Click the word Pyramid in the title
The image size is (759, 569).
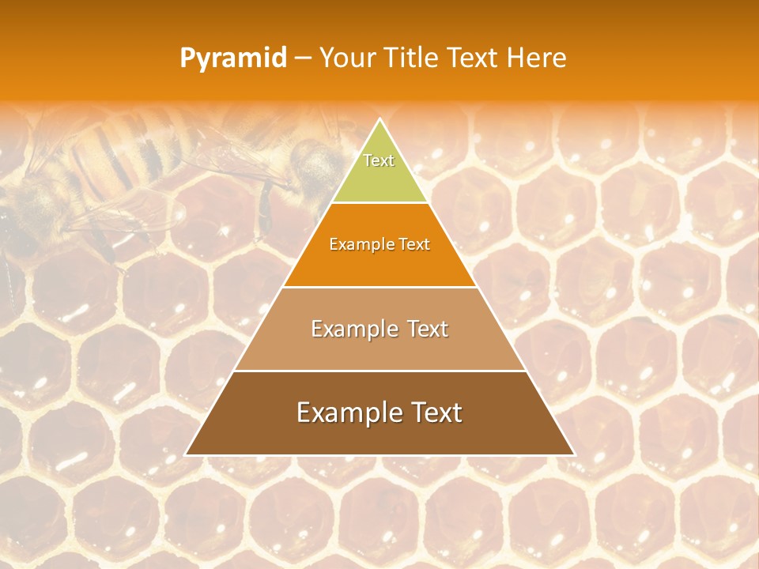pos(233,58)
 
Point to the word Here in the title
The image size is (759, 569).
pos(537,58)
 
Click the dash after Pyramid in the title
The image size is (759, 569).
pos(303,58)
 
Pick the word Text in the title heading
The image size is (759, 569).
pos(474,58)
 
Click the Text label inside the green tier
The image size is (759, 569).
pos(379,160)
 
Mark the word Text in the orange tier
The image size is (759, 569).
pos(415,244)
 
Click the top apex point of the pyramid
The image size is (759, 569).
pos(379,120)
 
